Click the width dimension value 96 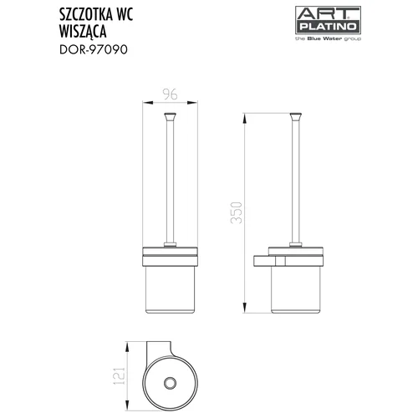[170, 94]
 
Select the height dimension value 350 [237, 213]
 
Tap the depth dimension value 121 [120, 376]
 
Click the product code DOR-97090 [94, 49]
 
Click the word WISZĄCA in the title [83, 31]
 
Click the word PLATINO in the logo [328, 27]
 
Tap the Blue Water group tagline [328, 38]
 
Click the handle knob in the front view [170, 116]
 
